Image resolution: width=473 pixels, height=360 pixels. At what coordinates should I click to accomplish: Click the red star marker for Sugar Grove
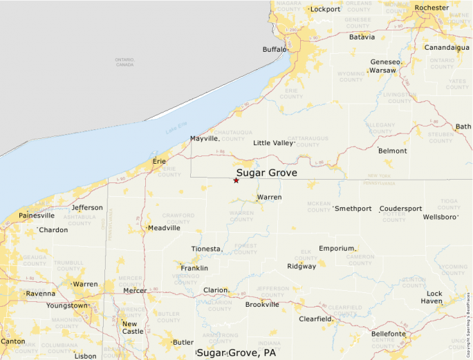click(236, 180)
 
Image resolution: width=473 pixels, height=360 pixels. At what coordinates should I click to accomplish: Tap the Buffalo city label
click(275, 49)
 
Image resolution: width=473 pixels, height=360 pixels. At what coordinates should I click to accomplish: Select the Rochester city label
click(432, 8)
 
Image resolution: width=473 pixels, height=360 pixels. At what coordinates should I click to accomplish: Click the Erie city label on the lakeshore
click(159, 162)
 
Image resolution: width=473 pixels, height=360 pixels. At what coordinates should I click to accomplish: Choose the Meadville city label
click(164, 227)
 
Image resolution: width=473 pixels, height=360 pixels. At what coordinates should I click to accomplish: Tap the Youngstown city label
click(67, 305)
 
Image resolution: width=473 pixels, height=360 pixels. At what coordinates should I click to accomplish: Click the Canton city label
click(12, 341)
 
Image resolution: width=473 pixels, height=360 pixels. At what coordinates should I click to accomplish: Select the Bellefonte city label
click(389, 334)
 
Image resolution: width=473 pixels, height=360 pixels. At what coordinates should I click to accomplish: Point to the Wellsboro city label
click(440, 217)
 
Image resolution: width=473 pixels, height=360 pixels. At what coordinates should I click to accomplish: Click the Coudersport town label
click(400, 209)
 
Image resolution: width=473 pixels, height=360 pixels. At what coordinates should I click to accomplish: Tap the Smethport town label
click(353, 209)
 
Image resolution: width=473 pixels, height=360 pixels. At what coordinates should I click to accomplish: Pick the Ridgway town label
click(302, 266)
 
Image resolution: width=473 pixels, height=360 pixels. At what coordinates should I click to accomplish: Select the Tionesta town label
click(207, 249)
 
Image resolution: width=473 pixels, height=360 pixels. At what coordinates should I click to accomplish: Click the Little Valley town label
click(273, 143)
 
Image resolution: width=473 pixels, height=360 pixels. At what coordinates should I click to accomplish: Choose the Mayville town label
click(204, 139)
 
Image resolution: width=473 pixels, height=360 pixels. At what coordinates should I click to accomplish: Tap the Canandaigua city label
click(446, 48)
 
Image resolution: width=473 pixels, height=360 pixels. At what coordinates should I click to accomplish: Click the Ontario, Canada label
click(124, 62)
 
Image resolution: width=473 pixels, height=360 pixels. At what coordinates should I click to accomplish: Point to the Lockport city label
click(325, 9)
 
